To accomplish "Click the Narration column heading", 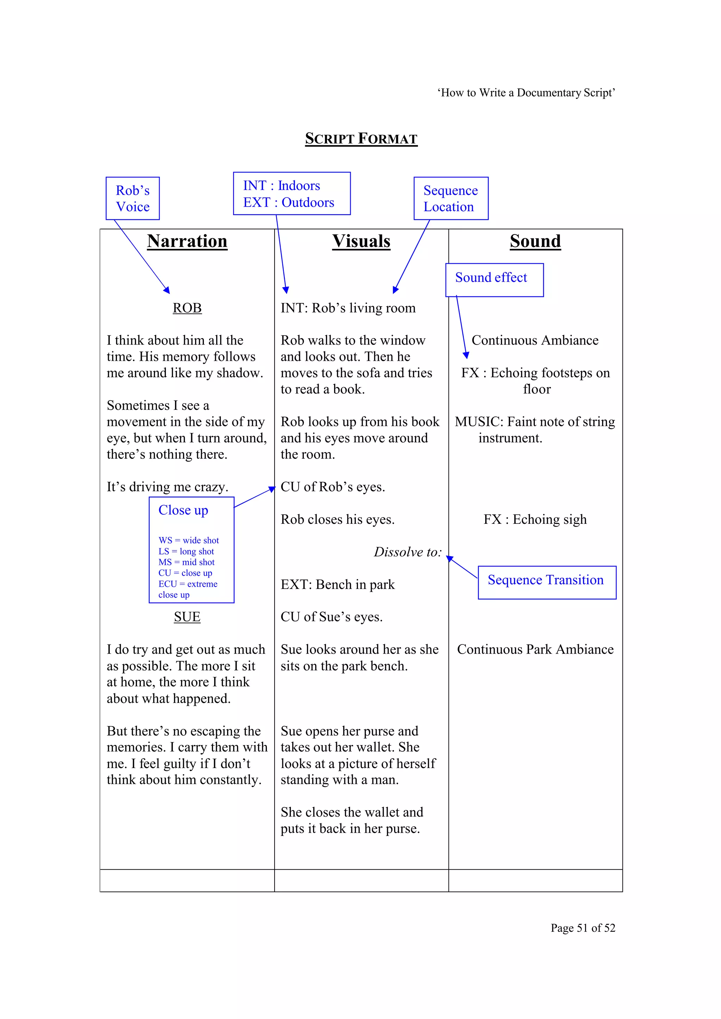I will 187,241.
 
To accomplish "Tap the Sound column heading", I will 535,241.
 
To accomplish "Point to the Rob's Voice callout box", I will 132,199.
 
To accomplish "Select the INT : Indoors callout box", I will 292,194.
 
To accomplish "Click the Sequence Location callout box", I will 451,199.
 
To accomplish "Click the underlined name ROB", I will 187,308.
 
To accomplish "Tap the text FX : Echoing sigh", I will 535,519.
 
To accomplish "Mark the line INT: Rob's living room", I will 348,308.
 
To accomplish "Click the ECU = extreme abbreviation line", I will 188,584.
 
